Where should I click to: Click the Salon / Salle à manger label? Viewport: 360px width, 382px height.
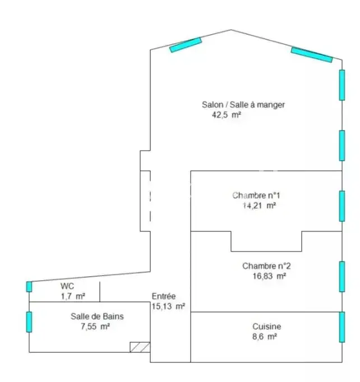point(243,105)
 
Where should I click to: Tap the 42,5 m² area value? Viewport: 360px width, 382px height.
point(227,115)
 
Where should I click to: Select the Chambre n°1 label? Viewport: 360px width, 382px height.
point(256,195)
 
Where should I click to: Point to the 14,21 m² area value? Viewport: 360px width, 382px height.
point(259,206)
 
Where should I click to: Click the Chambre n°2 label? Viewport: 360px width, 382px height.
point(266,266)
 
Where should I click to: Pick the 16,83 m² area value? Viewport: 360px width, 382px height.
point(269,276)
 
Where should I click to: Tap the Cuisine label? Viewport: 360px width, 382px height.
point(266,327)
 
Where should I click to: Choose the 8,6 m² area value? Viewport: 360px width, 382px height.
point(264,337)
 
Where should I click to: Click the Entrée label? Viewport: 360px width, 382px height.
point(164,296)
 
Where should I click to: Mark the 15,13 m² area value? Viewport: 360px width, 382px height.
point(168,306)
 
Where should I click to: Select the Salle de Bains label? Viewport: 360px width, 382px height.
point(97,316)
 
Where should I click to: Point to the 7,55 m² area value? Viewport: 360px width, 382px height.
point(95,326)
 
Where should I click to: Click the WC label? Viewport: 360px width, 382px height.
point(67,286)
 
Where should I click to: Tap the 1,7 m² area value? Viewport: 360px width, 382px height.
point(73,296)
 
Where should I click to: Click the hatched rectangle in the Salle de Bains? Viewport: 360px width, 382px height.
point(140,347)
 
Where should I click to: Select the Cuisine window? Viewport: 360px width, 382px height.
point(342,327)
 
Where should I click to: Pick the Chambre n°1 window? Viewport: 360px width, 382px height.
point(342,206)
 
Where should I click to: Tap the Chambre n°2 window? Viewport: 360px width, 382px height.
point(342,277)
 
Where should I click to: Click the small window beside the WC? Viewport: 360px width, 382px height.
point(29,287)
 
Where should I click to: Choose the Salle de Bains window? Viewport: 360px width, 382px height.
point(29,322)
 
